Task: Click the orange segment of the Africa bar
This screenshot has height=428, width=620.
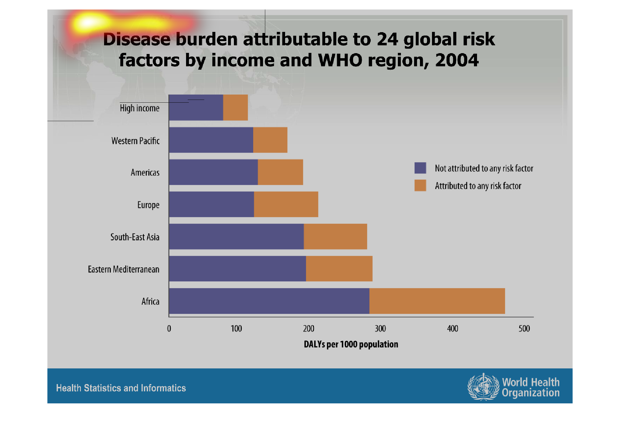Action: [x=437, y=301]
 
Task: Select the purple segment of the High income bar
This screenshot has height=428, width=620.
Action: [x=196, y=108]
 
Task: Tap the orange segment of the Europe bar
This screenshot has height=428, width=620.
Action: [x=286, y=204]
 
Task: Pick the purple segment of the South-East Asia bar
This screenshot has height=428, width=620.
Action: [x=236, y=236]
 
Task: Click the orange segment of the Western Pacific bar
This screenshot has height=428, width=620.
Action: [x=270, y=140]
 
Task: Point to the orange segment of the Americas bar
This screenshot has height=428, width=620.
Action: [x=280, y=172]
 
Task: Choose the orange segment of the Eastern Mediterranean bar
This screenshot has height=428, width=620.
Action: [x=339, y=269]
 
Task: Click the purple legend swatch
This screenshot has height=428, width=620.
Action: [x=420, y=168]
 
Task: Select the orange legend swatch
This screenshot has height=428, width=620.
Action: [x=420, y=185]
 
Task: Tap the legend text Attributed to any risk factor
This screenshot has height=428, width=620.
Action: [x=478, y=186]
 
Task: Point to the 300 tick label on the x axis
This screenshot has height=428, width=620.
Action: [x=380, y=328]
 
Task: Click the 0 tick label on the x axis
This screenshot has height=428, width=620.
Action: [x=169, y=328]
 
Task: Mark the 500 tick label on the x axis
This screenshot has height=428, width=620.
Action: [x=524, y=328]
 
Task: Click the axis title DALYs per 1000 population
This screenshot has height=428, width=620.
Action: [x=351, y=344]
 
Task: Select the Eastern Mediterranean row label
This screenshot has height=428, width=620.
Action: [x=123, y=269]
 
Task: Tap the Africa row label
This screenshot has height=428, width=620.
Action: [x=150, y=301]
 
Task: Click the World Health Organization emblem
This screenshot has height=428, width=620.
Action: [x=483, y=387]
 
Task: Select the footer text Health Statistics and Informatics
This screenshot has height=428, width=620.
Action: [x=121, y=388]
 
